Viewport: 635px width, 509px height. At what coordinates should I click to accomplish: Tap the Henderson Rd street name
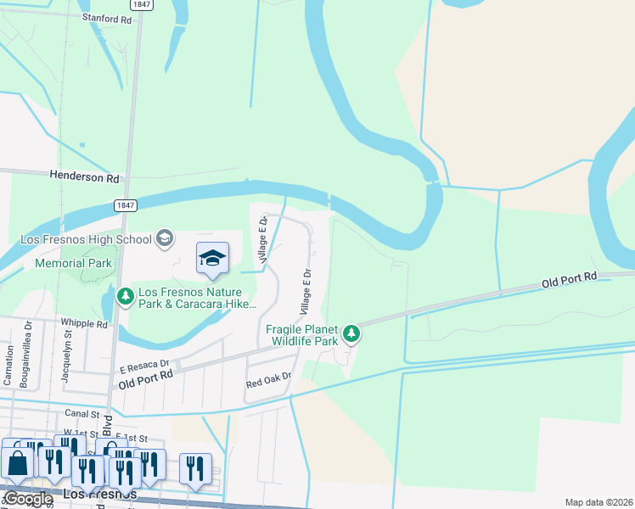pyautogui.click(x=85, y=178)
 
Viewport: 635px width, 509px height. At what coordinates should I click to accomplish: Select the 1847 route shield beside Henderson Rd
pyautogui.click(x=124, y=205)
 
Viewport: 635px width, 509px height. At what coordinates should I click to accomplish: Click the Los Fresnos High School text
pyautogui.click(x=85, y=239)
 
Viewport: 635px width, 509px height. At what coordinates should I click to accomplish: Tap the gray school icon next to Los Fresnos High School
pyautogui.click(x=165, y=239)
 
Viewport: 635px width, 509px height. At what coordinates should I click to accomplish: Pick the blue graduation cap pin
pyautogui.click(x=212, y=259)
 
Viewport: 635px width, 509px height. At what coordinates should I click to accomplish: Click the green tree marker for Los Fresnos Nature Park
pyautogui.click(x=126, y=296)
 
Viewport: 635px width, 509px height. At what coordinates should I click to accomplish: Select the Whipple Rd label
pyautogui.click(x=84, y=323)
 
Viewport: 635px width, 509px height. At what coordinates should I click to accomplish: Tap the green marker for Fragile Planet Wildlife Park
pyautogui.click(x=351, y=334)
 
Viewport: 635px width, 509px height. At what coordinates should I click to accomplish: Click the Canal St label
pyautogui.click(x=82, y=413)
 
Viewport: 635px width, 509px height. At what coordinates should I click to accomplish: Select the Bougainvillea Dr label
pyautogui.click(x=25, y=354)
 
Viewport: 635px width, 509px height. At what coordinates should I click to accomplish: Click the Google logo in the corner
pyautogui.click(x=28, y=498)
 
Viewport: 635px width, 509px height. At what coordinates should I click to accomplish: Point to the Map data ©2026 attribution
pyautogui.click(x=598, y=502)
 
